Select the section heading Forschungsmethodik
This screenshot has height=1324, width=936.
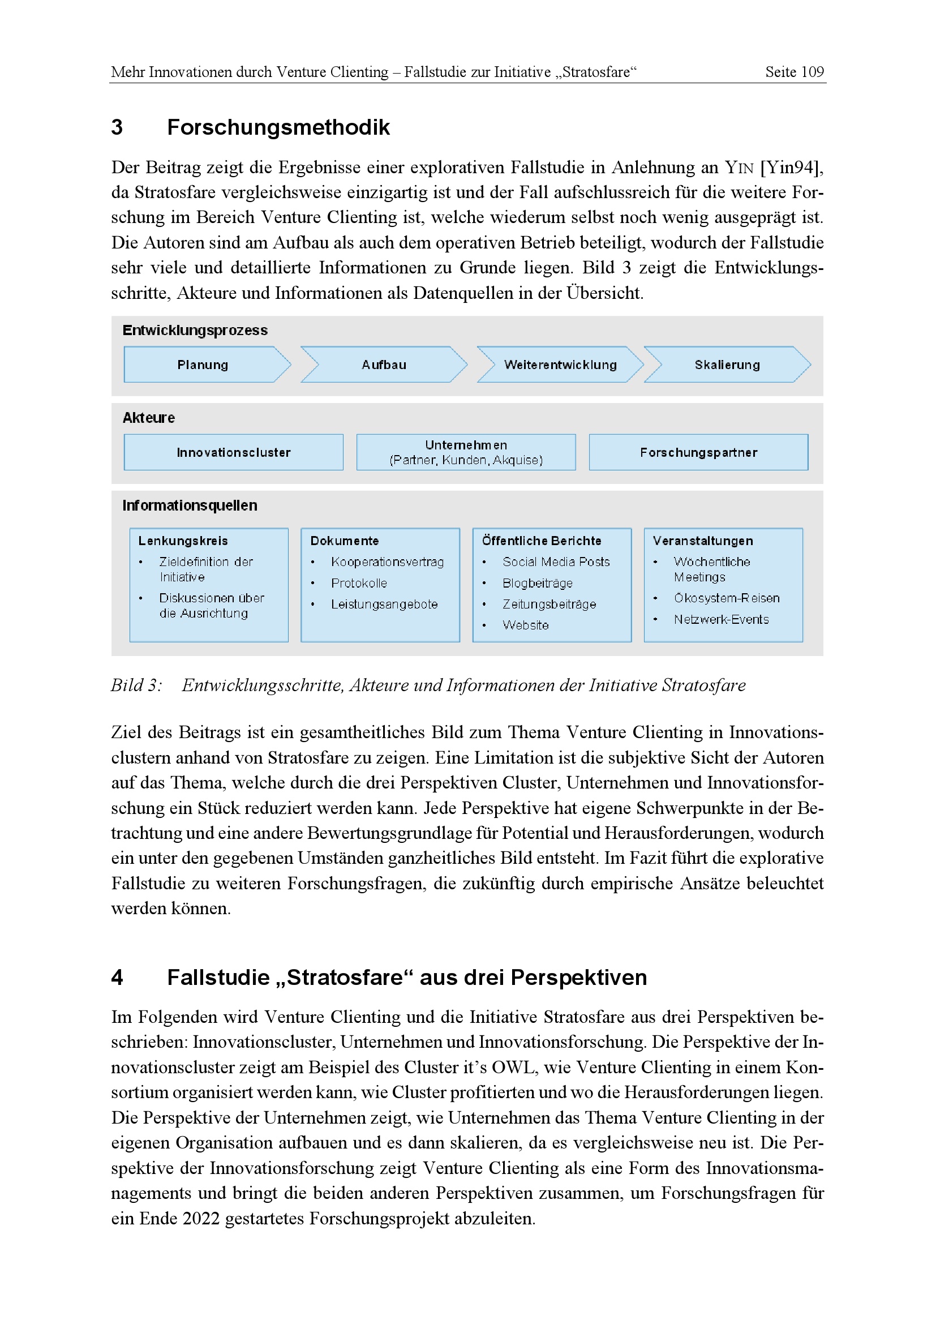point(278,127)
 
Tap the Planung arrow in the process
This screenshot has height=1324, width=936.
point(203,365)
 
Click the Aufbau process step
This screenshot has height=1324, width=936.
point(384,365)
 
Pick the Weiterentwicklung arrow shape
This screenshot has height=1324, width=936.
point(560,365)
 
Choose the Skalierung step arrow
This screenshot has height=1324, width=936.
point(727,365)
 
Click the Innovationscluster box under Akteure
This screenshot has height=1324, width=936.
point(233,452)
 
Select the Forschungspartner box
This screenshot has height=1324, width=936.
point(698,452)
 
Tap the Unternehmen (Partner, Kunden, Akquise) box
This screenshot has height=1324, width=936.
point(466,452)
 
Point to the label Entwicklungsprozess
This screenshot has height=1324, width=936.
point(195,331)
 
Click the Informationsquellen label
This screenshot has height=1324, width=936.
point(190,505)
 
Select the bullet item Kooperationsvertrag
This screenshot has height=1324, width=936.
point(387,562)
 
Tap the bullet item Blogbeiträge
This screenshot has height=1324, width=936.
point(537,583)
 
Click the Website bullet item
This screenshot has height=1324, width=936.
point(525,625)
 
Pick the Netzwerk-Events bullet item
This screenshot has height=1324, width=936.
point(721,619)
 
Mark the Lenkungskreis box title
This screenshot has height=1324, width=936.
point(183,541)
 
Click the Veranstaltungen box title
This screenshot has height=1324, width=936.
point(703,541)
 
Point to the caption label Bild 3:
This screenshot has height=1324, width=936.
point(136,685)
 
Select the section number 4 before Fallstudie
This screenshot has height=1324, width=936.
point(117,978)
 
